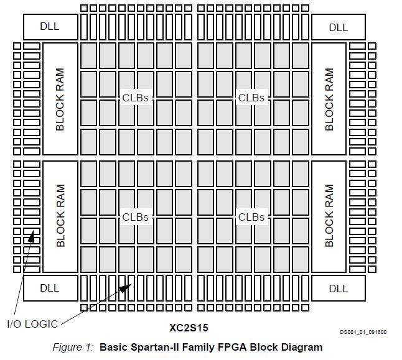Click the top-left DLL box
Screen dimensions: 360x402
[50, 27]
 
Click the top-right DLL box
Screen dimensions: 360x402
[338, 27]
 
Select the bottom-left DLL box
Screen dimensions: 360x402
[50, 288]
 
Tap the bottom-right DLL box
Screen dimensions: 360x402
[338, 288]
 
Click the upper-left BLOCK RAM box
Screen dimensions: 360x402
[60, 98]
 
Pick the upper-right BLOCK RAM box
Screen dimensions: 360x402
[329, 98]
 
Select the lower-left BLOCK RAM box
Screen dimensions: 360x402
[60, 216]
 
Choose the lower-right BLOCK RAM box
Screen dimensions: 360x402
[329, 216]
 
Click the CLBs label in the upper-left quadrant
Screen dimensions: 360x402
[135, 98]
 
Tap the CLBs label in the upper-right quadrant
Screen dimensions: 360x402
[251, 98]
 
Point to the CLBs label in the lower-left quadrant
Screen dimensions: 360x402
[135, 217]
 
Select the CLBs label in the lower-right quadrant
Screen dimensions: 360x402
[251, 217]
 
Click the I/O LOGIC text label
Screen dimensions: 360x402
[32, 323]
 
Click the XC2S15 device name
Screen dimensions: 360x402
[189, 327]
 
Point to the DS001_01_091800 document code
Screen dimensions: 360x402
[363, 332]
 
